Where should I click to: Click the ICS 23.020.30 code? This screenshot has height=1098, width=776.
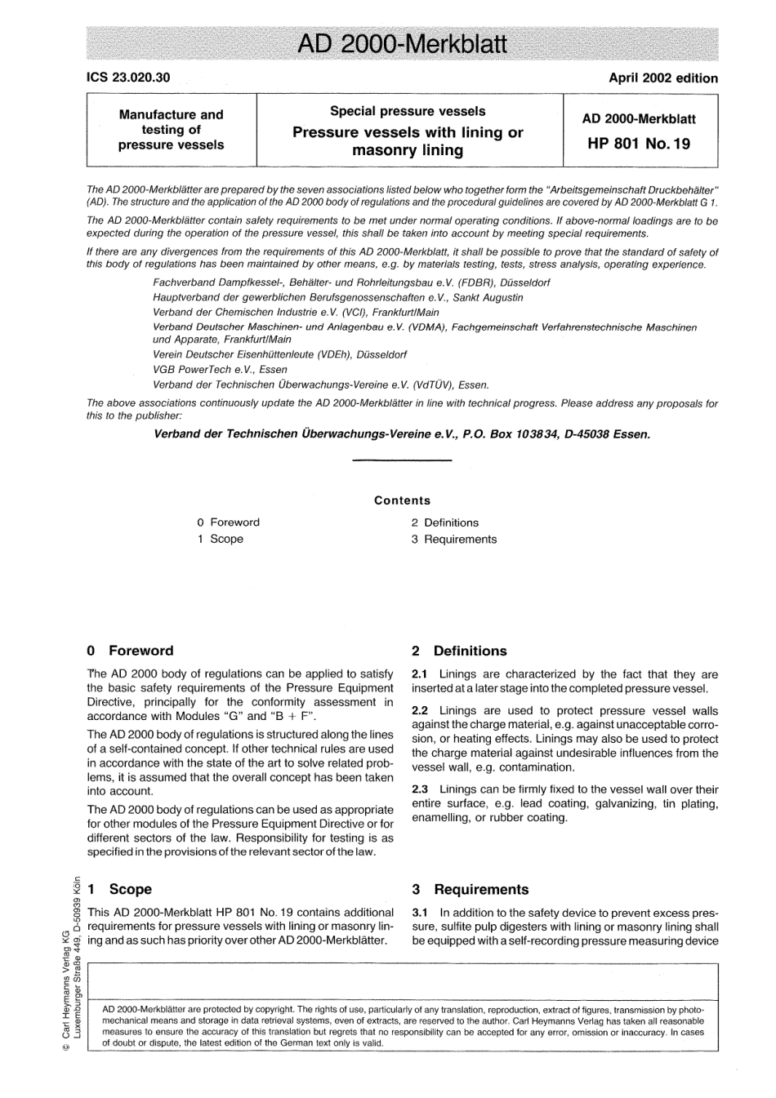point(128,78)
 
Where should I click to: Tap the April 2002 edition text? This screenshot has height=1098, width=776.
point(663,78)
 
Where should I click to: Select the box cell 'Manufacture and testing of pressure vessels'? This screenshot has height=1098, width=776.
point(171,130)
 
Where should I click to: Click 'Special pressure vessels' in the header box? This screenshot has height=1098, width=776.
point(408,111)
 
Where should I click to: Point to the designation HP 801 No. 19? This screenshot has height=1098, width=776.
point(639,144)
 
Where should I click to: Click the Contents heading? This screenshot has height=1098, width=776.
point(402,500)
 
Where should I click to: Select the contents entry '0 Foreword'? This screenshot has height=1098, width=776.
point(228,522)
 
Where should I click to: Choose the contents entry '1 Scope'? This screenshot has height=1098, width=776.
point(220,539)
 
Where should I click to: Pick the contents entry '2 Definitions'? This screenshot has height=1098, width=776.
point(444,522)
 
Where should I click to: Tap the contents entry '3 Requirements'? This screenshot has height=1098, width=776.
point(453,539)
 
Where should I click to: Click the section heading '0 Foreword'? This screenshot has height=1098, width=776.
point(130,651)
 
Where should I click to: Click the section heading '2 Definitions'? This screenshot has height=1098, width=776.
point(459,651)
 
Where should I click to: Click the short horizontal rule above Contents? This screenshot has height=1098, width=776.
point(401,462)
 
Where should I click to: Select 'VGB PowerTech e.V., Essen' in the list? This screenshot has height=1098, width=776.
point(220,370)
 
